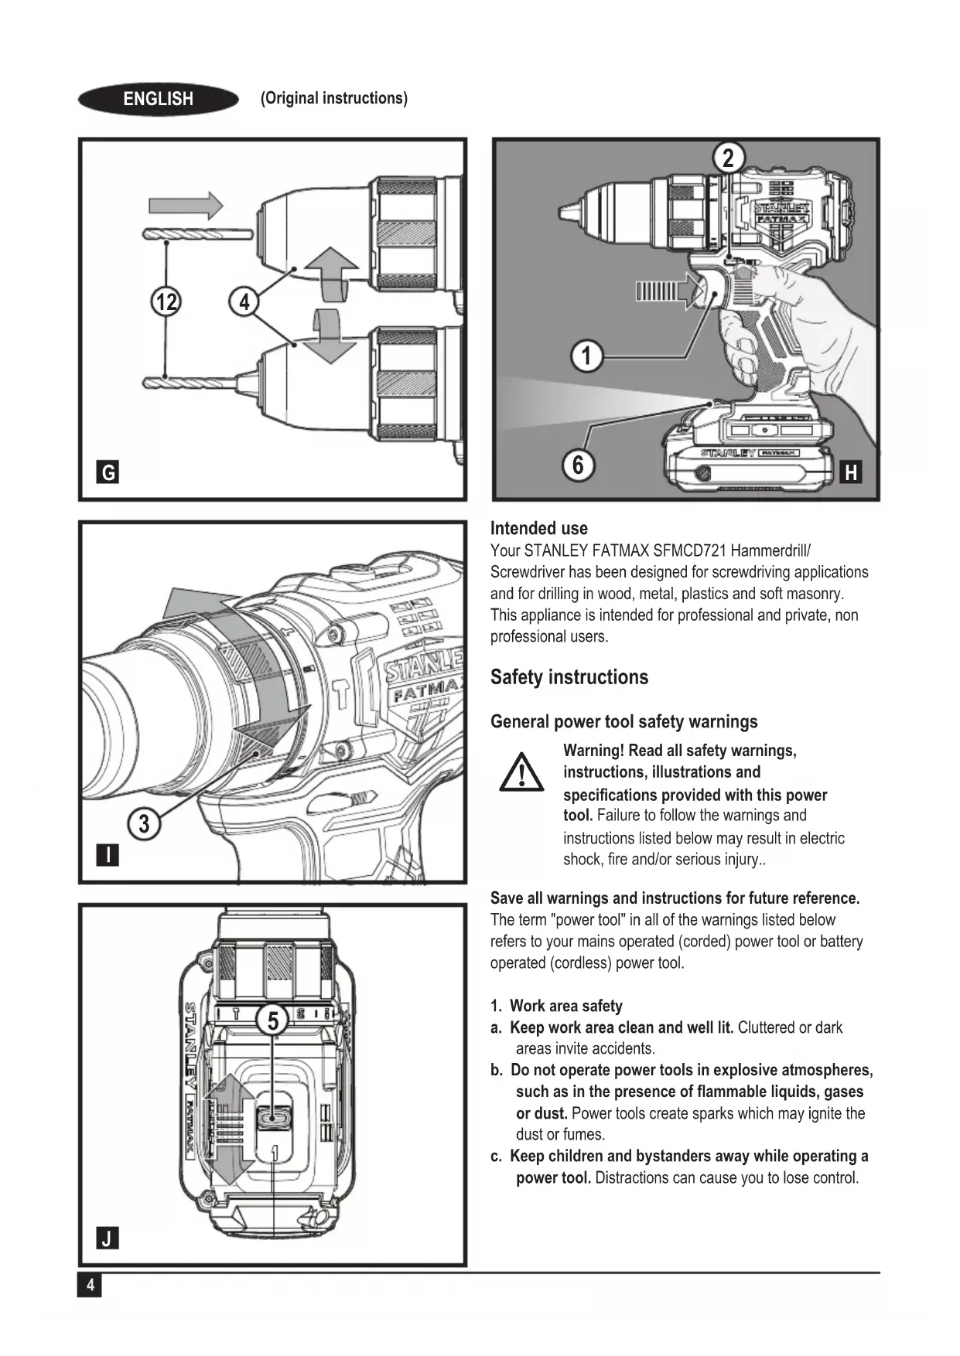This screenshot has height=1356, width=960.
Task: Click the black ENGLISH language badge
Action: (x=158, y=99)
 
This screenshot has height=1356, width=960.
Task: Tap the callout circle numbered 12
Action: (x=166, y=301)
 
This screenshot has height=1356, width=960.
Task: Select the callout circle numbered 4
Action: (x=244, y=301)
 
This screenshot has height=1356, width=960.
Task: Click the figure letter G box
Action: (x=108, y=472)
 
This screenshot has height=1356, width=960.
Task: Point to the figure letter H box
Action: (x=851, y=472)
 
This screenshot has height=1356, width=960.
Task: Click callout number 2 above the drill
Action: (x=728, y=158)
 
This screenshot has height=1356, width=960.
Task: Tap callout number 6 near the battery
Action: (x=577, y=465)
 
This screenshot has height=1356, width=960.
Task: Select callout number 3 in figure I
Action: (x=144, y=823)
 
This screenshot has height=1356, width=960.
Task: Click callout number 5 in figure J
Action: (x=272, y=1020)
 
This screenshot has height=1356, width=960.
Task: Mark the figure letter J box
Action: (x=108, y=1238)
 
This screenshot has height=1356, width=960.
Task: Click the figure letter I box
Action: (x=108, y=855)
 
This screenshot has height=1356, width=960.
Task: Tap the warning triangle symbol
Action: (x=521, y=772)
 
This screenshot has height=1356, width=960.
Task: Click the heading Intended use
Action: (x=538, y=528)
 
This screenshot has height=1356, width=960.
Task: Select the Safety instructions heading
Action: (x=569, y=677)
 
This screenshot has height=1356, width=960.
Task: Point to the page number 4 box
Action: (x=90, y=1285)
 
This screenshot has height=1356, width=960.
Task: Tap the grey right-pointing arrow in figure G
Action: (x=186, y=206)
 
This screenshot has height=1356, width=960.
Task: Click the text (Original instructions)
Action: (x=334, y=98)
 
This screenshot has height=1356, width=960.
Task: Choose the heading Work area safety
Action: (x=565, y=1006)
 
